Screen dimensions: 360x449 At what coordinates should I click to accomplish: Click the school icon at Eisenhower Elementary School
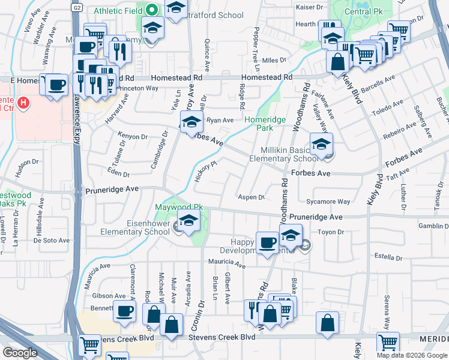tap(189, 221)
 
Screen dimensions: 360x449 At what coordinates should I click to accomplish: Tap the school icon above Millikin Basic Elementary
tap(321, 144)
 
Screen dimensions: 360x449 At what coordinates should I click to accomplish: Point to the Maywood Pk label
tap(179, 208)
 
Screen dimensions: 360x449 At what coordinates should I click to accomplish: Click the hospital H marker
tap(23, 103)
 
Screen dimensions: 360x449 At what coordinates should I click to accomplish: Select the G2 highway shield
tap(77, 8)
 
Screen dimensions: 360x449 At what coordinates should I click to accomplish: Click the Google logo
tap(20, 353)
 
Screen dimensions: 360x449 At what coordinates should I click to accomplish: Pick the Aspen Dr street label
tap(252, 197)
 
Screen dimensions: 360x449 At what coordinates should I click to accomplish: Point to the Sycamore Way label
tap(328, 202)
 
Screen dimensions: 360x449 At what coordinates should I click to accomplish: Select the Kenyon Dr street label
tap(132, 136)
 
